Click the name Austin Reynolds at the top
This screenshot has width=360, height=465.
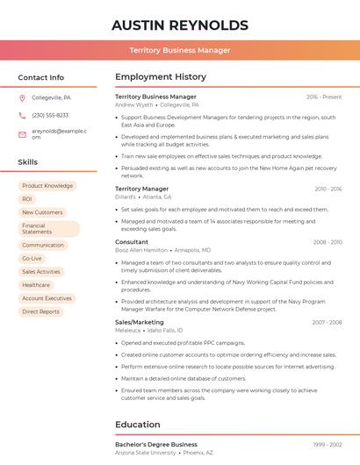pyautogui.click(x=180, y=25)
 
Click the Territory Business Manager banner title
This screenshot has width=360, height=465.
pyautogui.click(x=180, y=50)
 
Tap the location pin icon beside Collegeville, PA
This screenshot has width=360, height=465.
pyautogui.click(x=22, y=97)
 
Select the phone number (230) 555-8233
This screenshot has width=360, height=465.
pyautogui.click(x=50, y=115)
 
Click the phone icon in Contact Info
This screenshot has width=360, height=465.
pyautogui.click(x=22, y=115)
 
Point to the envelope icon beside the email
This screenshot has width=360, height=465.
pyautogui.click(x=22, y=132)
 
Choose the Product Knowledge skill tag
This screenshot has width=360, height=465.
pyautogui.click(x=47, y=186)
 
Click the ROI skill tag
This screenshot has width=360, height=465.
pyautogui.click(x=27, y=199)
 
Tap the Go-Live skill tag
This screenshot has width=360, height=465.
pyautogui.click(x=32, y=259)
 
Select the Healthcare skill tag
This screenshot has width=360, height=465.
pyautogui.click(x=36, y=285)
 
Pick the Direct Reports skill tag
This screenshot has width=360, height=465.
pyautogui.click(x=41, y=311)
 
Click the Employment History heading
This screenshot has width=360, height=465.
pyautogui.click(x=161, y=77)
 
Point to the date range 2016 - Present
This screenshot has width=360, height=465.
pyautogui.click(x=324, y=97)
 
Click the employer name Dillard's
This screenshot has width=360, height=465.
pyautogui.click(x=126, y=197)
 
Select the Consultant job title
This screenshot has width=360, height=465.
pyautogui.click(x=132, y=241)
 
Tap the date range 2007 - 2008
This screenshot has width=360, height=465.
pyautogui.click(x=327, y=322)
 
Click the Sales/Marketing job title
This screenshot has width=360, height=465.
pyautogui.click(x=140, y=322)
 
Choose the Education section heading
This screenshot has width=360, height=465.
pyautogui.click(x=138, y=425)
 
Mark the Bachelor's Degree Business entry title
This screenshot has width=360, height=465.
pyautogui.click(x=156, y=444)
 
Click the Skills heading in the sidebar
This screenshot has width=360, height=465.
pyautogui.click(x=28, y=162)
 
